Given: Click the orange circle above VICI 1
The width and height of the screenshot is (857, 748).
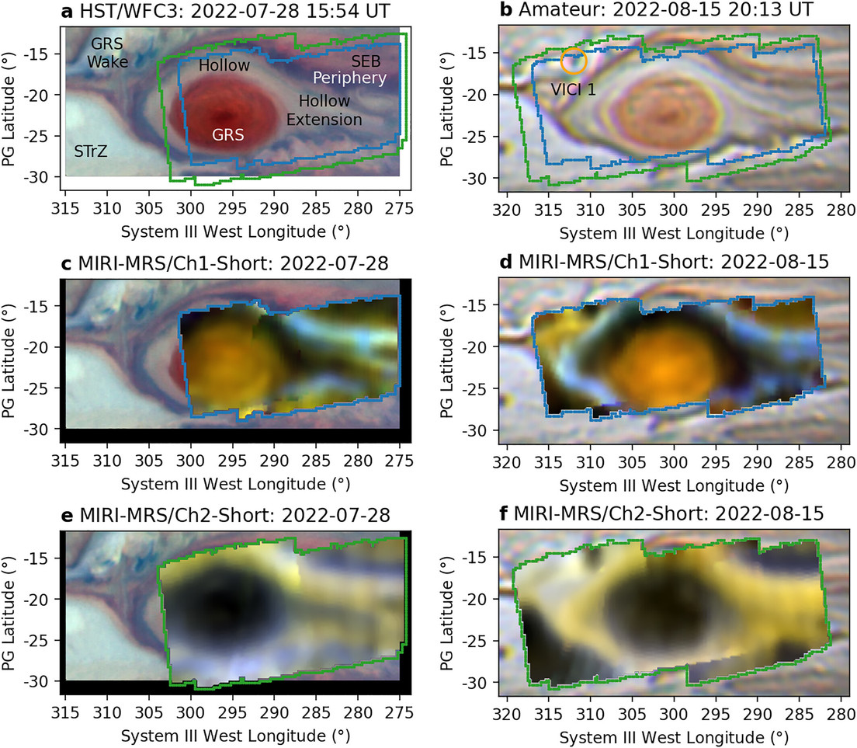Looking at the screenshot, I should [x=574, y=60].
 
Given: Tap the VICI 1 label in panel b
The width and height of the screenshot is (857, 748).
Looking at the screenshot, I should [x=574, y=89].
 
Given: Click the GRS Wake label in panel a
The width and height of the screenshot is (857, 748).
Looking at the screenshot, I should [x=107, y=51].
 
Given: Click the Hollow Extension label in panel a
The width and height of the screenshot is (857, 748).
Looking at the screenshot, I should [x=324, y=110].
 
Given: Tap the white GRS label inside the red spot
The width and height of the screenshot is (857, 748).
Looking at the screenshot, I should [x=228, y=135].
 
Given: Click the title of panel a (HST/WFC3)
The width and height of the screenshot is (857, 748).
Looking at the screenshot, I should [x=204, y=12].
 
